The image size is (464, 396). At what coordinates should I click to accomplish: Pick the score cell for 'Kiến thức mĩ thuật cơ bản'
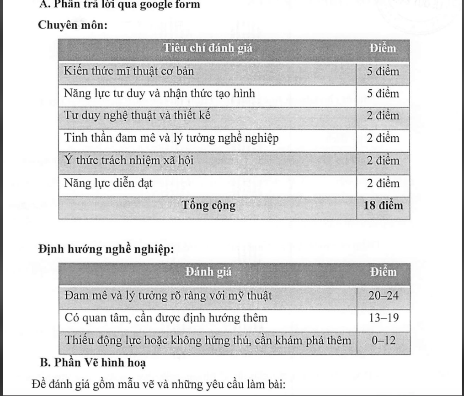tap(383, 72)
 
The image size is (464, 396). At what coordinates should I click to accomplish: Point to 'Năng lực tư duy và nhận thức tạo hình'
tap(160, 94)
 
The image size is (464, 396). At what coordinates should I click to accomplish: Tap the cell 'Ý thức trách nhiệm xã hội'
tap(128, 161)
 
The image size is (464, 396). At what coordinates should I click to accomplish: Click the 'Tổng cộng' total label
tap(209, 206)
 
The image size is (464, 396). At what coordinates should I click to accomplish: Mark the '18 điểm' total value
tap(383, 206)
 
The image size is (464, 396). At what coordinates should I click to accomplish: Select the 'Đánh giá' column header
tap(208, 273)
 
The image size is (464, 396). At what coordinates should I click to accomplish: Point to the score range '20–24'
tap(384, 296)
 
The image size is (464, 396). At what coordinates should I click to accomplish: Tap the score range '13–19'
tap(384, 318)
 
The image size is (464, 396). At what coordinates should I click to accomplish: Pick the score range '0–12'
tap(384, 341)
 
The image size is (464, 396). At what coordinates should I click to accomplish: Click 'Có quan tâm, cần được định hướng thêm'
tap(165, 318)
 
